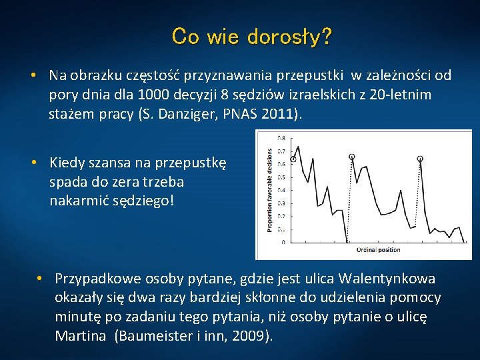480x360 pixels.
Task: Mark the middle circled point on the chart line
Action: (x=351, y=157)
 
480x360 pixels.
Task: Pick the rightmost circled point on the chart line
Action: (x=420, y=159)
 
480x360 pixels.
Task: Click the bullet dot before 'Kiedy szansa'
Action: (x=33, y=162)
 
